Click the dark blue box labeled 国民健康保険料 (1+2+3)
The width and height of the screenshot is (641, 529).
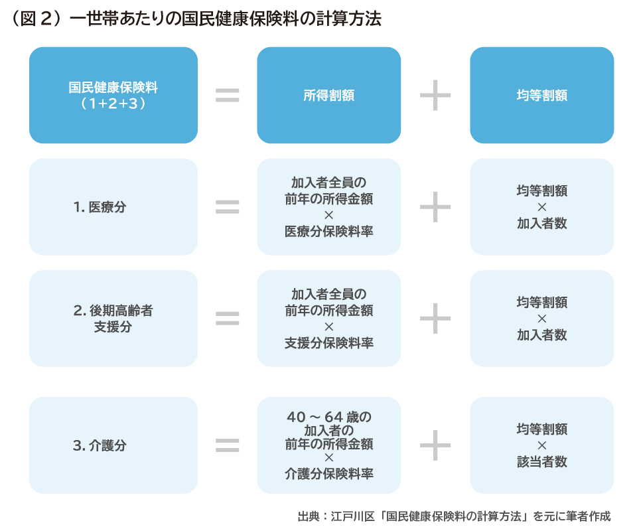point(113,95)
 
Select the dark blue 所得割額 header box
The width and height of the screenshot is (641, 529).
point(328,95)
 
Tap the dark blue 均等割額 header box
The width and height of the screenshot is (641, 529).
point(541,95)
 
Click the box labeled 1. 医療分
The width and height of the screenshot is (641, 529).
point(113,206)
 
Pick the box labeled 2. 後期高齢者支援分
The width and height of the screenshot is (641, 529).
point(113,318)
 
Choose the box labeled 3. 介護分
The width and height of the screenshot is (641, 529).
point(113,445)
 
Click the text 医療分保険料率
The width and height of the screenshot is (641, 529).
point(328,231)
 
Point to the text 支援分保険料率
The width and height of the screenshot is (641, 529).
point(328,342)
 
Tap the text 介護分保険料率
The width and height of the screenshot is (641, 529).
point(328,474)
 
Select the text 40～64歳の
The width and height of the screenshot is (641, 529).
point(328,417)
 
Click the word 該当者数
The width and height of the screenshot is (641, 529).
point(541,462)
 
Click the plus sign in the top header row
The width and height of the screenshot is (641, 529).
point(435,95)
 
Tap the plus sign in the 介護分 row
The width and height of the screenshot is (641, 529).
point(435,445)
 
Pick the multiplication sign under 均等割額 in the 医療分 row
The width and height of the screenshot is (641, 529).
point(541,207)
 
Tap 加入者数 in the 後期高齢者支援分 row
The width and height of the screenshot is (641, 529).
point(541,335)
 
